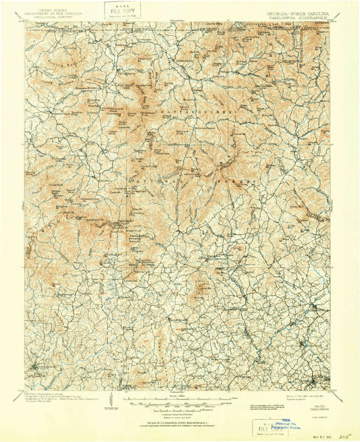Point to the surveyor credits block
pyautogui.click(x=57, y=400)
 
